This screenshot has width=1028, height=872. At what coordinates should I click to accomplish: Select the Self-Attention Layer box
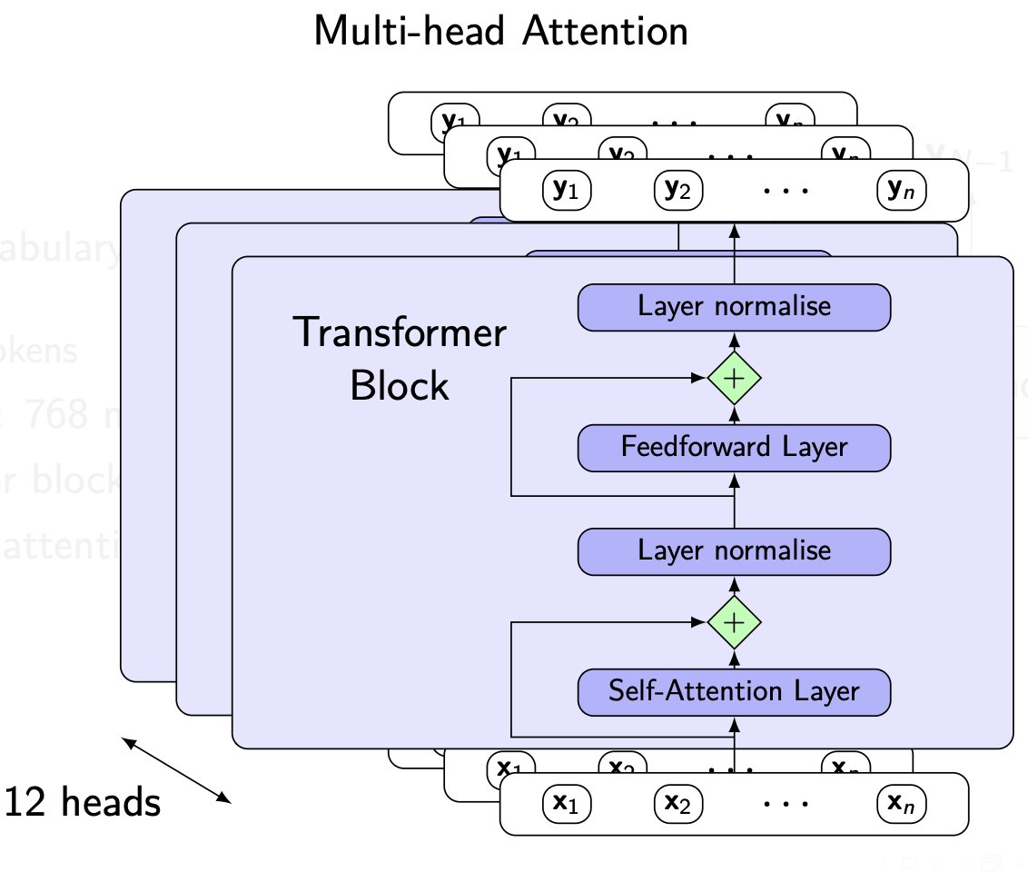coord(734,691)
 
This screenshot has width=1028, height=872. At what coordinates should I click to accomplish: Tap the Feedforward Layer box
coord(734,447)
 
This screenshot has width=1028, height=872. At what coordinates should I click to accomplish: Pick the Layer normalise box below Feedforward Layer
coord(734,550)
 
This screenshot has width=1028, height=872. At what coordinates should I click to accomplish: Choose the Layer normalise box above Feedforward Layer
coord(734,306)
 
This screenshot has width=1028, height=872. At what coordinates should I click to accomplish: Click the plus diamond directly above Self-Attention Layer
coord(734,622)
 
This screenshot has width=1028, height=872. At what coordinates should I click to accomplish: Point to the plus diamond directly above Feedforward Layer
coord(734,377)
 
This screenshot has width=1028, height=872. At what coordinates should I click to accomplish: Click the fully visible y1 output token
coord(567,190)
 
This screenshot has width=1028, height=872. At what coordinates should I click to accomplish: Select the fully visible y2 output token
coord(678,190)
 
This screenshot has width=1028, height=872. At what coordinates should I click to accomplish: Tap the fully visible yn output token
coord(901,190)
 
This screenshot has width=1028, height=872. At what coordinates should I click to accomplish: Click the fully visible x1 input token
coord(567,803)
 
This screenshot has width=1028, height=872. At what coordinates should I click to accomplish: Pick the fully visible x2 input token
coord(678,803)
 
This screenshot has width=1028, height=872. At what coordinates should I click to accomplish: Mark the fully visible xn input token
coord(901,803)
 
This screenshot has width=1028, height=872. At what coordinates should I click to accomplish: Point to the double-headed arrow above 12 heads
coord(177,771)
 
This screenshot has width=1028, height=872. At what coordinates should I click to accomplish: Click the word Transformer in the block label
coord(400,333)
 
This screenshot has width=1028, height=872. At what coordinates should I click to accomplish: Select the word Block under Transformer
coord(400,386)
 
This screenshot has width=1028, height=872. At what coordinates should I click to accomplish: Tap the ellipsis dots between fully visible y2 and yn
coord(786,192)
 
